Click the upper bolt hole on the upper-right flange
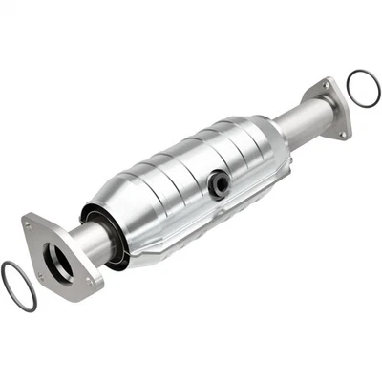(325, 88)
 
